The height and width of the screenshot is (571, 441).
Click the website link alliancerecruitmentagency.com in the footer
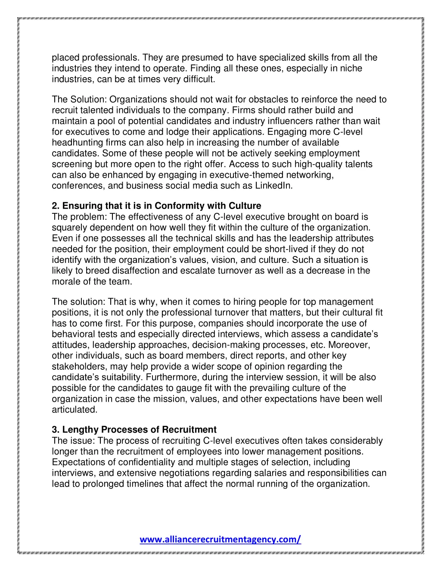click(220, 539)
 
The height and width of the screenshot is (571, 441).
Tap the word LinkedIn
click(273, 186)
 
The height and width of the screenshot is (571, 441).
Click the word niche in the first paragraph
click(353, 68)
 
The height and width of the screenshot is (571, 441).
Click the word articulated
click(74, 409)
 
